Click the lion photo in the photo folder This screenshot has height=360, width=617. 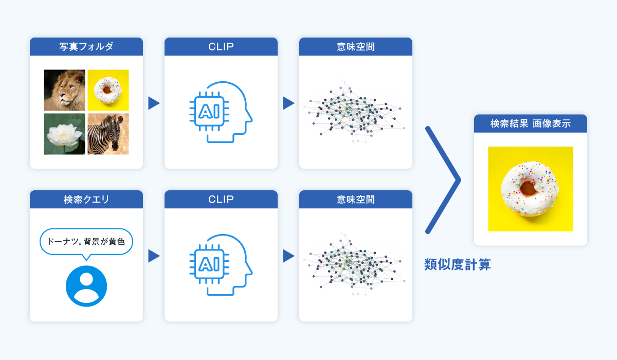(64, 90)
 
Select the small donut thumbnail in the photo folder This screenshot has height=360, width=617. (108, 90)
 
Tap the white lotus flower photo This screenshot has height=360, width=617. (64, 134)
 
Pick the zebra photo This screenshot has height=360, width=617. (108, 134)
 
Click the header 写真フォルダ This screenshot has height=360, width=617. (86, 47)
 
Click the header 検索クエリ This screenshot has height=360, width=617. (86, 200)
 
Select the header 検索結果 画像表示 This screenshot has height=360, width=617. (530, 123)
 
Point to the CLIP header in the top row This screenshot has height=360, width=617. (221, 47)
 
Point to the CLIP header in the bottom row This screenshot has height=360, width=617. (221, 200)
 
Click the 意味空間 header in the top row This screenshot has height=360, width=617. (356, 47)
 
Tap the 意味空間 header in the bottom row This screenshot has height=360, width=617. (356, 200)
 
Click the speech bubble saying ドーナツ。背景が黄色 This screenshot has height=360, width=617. (86, 241)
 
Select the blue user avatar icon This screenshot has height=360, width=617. (86, 286)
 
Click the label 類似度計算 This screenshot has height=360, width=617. (457, 265)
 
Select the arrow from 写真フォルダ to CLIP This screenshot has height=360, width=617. (154, 103)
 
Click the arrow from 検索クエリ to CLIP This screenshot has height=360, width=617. (154, 256)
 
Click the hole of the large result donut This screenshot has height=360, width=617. (528, 188)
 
